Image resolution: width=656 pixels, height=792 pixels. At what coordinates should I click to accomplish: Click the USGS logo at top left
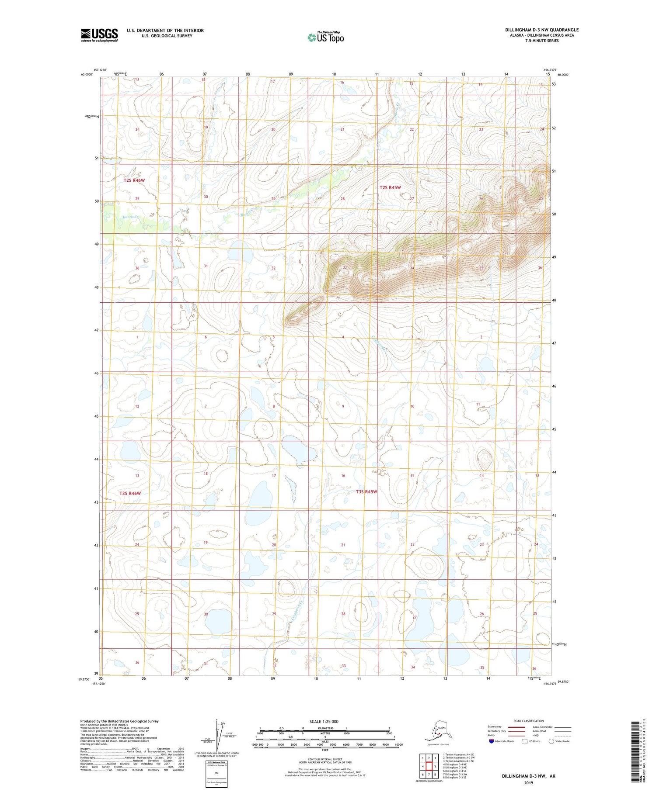[99, 35]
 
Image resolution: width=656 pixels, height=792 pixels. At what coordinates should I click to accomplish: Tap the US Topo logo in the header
[326, 37]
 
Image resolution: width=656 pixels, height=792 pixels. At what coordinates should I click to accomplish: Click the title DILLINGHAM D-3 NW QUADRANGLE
[541, 30]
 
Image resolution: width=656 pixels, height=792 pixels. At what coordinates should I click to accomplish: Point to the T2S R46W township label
[134, 180]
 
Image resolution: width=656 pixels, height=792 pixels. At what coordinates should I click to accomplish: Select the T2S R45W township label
[390, 187]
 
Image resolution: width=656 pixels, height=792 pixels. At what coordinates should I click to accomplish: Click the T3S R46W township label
[130, 493]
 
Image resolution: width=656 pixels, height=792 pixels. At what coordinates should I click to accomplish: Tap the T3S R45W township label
[366, 492]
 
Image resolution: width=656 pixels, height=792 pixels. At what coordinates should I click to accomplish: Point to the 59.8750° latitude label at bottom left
[86, 679]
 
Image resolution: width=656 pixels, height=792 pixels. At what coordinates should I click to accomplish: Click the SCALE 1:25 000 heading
[324, 721]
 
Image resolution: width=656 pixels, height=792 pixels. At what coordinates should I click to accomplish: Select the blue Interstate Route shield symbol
[492, 741]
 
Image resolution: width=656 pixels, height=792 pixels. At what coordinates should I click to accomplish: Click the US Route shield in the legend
[525, 741]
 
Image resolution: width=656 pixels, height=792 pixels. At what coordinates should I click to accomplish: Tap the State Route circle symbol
[552, 741]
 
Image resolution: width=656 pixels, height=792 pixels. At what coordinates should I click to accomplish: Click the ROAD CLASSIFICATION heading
[528, 721]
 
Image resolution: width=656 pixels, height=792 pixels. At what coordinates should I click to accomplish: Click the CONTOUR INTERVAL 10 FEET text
[325, 760]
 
